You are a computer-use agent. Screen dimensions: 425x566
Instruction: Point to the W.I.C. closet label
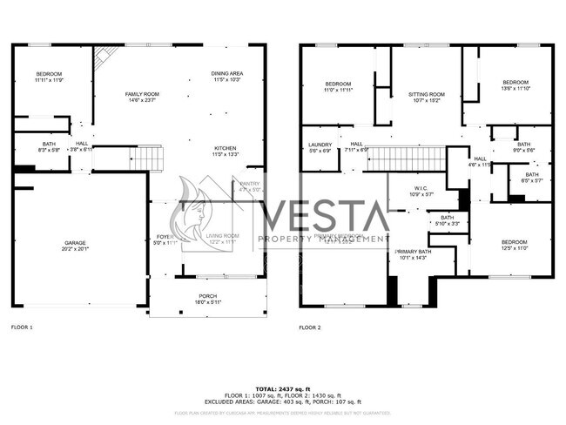pyautogui.click(x=421, y=191)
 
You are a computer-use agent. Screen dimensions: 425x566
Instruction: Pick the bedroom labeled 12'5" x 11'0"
pyautogui.click(x=513, y=245)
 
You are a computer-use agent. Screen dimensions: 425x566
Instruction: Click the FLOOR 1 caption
pyautogui.click(x=22, y=327)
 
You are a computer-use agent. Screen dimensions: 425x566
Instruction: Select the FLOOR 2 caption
pyautogui.click(x=310, y=327)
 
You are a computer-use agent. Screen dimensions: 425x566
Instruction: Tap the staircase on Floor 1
pyautogui.click(x=146, y=159)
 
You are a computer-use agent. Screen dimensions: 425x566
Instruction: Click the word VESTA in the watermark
pyautogui.click(x=324, y=214)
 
